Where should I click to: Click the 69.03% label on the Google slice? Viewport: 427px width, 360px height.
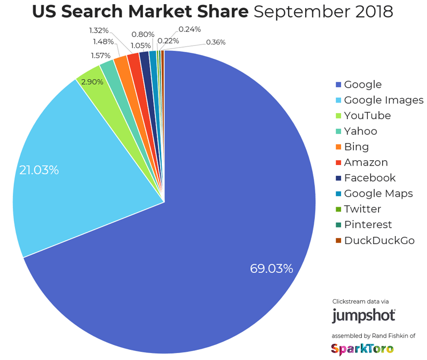[x=271, y=268]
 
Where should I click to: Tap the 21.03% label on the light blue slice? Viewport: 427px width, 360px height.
[x=39, y=170]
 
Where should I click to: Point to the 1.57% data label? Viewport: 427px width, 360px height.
[x=101, y=55]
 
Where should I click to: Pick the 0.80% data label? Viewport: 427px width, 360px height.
[x=143, y=35]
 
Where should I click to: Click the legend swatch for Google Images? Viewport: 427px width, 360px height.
[x=338, y=100]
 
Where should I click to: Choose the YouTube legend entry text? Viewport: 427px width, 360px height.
[x=367, y=115]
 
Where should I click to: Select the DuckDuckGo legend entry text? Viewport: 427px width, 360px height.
[x=379, y=240]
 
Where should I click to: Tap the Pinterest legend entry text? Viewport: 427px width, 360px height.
[x=368, y=224]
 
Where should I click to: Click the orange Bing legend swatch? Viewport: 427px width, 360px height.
[x=338, y=147]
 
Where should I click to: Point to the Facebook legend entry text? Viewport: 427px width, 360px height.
[x=369, y=178]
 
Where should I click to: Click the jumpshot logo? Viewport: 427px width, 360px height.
[x=363, y=315]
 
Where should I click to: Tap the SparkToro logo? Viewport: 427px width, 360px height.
[x=362, y=349]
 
